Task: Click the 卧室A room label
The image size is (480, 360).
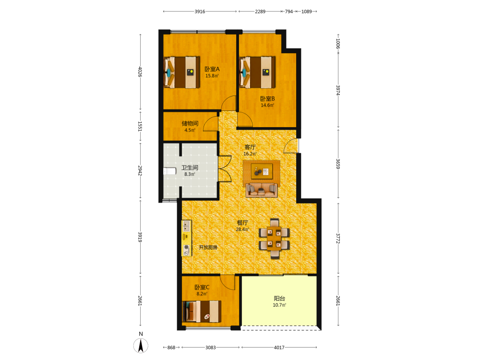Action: click(x=212, y=69)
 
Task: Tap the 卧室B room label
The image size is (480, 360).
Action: click(x=267, y=98)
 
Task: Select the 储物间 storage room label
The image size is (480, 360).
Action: click(x=190, y=123)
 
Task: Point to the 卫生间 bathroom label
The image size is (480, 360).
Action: click(x=190, y=168)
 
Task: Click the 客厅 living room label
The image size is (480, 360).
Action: click(x=250, y=147)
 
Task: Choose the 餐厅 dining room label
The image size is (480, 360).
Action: click(x=242, y=223)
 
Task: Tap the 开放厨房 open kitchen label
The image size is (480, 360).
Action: click(x=208, y=247)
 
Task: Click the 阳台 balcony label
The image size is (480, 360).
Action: click(x=279, y=299)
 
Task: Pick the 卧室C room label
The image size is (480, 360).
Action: click(x=202, y=287)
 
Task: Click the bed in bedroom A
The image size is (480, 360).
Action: click(x=182, y=72)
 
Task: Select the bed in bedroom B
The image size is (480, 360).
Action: click(x=257, y=72)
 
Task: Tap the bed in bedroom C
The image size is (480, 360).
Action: click(x=202, y=312)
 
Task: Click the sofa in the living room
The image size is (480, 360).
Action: click(x=262, y=190)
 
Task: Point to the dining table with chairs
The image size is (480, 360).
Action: click(x=274, y=239)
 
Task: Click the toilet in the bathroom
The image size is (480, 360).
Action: click(x=169, y=171)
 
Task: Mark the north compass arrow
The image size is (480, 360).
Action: click(x=141, y=346)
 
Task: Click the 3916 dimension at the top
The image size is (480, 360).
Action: click(x=200, y=12)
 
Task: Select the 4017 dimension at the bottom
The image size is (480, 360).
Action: click(x=279, y=348)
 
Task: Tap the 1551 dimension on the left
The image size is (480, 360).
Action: click(x=140, y=126)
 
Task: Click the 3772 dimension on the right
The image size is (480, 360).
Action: click(x=338, y=239)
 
